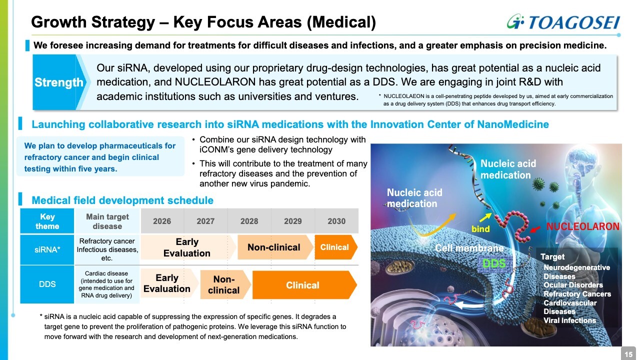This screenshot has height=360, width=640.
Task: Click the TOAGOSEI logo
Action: pos(563,22)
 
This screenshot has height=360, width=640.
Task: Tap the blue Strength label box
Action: pos(58,82)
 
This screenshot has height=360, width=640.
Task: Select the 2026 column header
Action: pos(162,221)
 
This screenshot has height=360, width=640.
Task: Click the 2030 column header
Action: pos(336,221)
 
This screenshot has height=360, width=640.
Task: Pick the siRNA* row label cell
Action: pos(47,249)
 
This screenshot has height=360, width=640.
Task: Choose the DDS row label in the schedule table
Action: pos(47,284)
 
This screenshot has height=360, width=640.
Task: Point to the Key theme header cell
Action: pos(47,221)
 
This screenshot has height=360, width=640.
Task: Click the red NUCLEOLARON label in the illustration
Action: pos(583,226)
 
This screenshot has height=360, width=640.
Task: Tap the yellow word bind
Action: pos(480,229)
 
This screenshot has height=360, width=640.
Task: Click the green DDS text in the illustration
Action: pos(494,263)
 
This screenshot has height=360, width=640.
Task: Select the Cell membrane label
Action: pos(469,248)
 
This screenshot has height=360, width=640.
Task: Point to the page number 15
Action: pos(628,354)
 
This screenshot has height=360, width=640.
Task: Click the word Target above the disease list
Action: pos(552,257)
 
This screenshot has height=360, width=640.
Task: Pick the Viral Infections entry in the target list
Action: pos(569,320)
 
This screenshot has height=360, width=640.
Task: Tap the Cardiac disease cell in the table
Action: pos(106,284)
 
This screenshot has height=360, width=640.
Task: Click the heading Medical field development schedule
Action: pos(122,200)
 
